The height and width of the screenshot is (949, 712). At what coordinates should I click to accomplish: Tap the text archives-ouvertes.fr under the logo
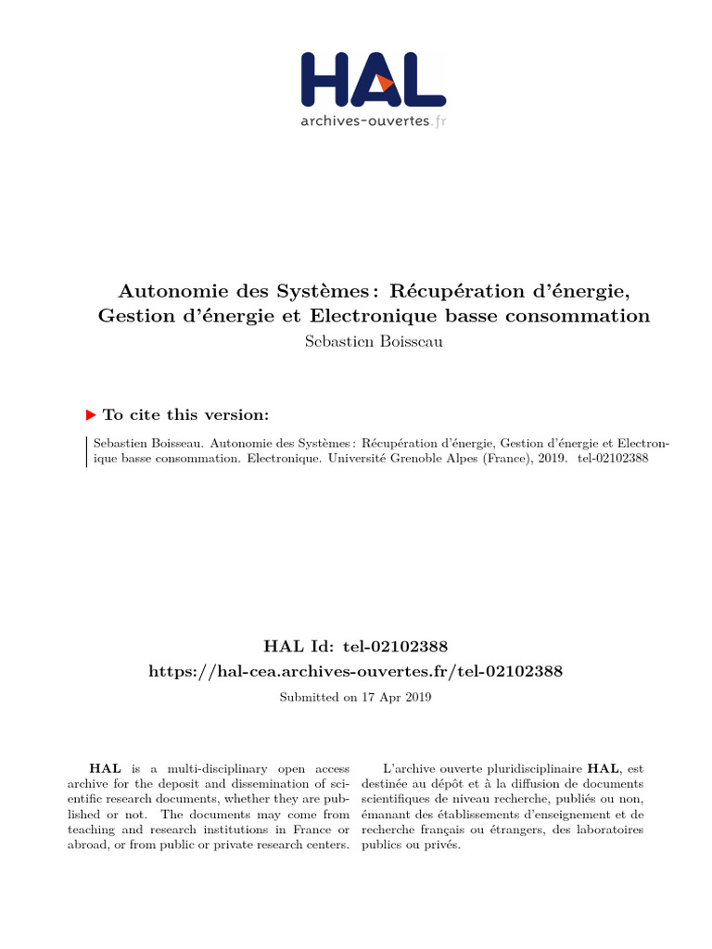pyautogui.click(x=373, y=120)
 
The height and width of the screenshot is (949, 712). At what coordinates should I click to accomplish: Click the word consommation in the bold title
pyautogui.click(x=580, y=316)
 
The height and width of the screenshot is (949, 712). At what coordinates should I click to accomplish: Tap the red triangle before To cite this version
pyautogui.click(x=91, y=415)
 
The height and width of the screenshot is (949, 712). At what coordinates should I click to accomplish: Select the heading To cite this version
pyautogui.click(x=186, y=415)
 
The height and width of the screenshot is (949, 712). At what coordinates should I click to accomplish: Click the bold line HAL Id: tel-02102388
pyautogui.click(x=356, y=644)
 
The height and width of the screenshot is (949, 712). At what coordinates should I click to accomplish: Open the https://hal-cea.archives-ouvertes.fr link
pyautogui.click(x=356, y=670)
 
